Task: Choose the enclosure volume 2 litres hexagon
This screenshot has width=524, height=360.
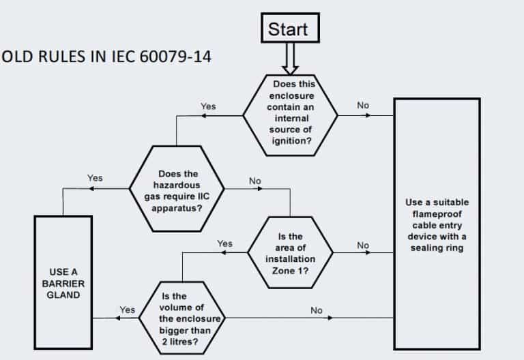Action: click(183, 317)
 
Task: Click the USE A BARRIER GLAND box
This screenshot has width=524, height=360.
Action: click(63, 282)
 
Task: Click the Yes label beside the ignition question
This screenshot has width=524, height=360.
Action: click(208, 106)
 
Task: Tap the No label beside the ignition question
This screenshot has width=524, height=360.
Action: click(364, 105)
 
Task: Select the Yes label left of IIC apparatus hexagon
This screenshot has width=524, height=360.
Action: click(95, 178)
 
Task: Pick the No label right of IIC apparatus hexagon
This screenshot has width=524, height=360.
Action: click(255, 181)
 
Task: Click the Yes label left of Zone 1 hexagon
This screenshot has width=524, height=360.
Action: click(224, 243)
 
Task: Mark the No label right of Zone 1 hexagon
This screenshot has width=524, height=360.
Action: click(363, 245)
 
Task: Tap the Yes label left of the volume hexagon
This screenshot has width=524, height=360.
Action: click(128, 310)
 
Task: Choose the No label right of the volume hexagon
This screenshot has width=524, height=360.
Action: click(317, 310)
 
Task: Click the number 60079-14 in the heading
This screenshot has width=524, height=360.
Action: click(175, 56)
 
